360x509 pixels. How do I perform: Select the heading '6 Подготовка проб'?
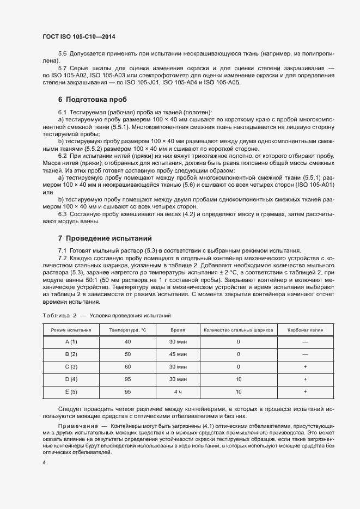point(92,100)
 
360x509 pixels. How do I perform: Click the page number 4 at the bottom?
point(44,462)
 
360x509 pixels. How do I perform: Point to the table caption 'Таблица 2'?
point(59,315)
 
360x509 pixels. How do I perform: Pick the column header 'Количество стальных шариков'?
point(238,330)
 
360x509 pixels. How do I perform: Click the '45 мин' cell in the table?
point(178,354)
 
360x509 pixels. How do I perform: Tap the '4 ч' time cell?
point(178,391)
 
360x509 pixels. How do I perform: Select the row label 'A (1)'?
point(71,341)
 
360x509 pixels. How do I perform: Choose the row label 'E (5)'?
point(71,391)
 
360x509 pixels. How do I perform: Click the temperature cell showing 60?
point(127,366)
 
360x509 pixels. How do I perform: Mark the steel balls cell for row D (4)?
point(238,379)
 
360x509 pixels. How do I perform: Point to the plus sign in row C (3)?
point(305,366)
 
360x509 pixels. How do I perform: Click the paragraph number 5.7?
point(62,68)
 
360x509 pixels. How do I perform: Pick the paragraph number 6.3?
point(62,214)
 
